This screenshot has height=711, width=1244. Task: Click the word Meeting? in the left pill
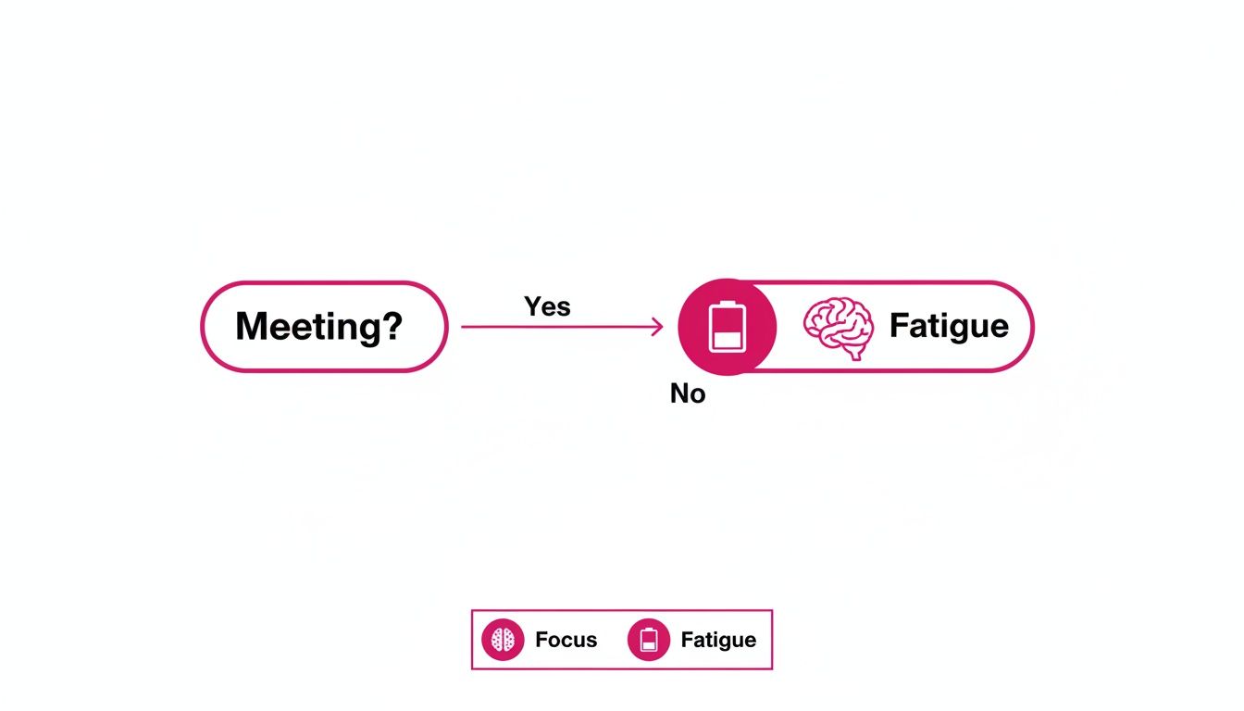click(x=318, y=327)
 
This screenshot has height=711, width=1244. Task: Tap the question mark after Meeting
click(x=392, y=327)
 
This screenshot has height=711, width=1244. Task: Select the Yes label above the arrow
click(x=547, y=306)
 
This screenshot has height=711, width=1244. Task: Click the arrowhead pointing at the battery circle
click(x=658, y=327)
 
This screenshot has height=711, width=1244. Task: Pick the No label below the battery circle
click(x=688, y=394)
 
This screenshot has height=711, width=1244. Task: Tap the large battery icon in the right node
click(x=727, y=327)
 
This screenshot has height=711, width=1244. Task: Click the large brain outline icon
click(x=838, y=327)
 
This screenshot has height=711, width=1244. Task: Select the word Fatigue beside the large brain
click(x=948, y=326)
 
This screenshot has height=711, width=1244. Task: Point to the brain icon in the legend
click(x=503, y=640)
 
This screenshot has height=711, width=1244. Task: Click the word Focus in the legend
click(x=566, y=640)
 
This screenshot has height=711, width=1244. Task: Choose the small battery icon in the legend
click(x=648, y=640)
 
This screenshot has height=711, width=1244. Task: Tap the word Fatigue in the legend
click(x=718, y=640)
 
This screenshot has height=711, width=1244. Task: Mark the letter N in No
click(x=679, y=394)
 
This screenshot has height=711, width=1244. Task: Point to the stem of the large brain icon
click(x=858, y=353)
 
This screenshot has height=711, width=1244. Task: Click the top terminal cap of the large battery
click(x=727, y=302)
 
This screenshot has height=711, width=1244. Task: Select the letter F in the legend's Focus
click(x=541, y=640)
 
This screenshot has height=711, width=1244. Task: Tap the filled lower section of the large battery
click(x=727, y=340)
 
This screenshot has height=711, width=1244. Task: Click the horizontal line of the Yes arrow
click(x=555, y=327)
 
